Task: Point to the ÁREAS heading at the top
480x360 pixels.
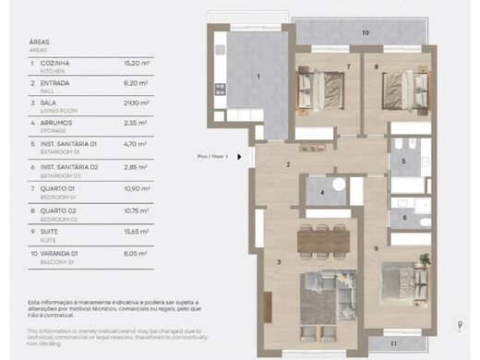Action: (41, 42)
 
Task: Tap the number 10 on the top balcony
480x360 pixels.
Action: (365, 32)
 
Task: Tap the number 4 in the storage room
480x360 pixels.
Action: (320, 192)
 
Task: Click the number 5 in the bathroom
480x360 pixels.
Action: (402, 161)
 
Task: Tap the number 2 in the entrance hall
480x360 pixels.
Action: (288, 165)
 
